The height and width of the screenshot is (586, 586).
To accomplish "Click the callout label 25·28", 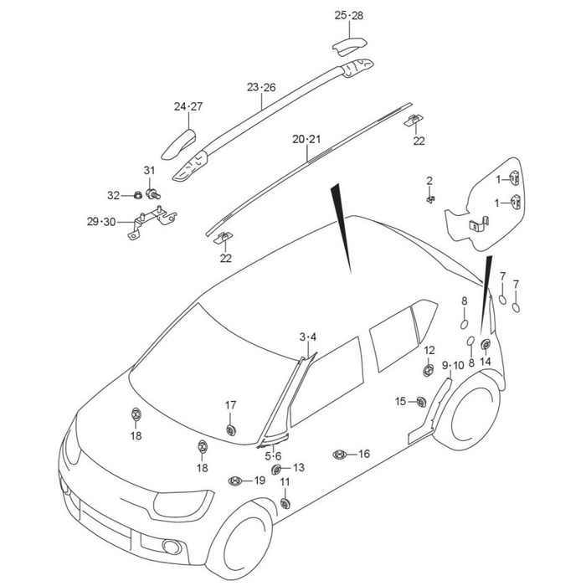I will tap(349, 16).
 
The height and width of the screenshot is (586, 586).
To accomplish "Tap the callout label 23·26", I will tap(261, 87).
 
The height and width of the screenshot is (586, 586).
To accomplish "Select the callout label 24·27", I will tap(188, 106).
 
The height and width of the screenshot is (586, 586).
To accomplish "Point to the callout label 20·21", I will tap(306, 139).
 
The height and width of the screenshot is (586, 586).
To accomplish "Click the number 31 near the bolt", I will tap(150, 172).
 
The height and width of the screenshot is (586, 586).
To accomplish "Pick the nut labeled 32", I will tap(134, 196).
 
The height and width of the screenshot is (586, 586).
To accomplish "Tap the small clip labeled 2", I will tap(429, 199).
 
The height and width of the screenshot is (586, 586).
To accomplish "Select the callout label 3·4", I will tap(308, 337).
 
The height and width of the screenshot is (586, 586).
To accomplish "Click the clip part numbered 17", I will tap(231, 429).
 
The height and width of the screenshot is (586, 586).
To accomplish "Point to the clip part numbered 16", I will tap(339, 454).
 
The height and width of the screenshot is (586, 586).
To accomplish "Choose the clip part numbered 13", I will tap(278, 469).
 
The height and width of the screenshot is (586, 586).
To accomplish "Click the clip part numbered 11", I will tap(285, 502).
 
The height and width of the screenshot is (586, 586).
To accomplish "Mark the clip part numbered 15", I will tap(420, 403).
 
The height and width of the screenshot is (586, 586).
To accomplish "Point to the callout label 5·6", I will tap(273, 456).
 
